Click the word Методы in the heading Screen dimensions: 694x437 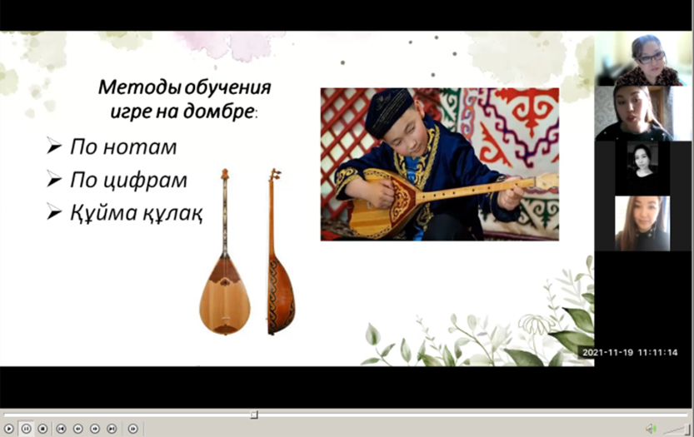[139, 87]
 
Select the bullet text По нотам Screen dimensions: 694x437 [123, 146]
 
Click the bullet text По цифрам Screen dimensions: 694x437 [128, 180]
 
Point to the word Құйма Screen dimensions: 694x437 [104, 213]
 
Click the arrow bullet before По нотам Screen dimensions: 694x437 [54, 146]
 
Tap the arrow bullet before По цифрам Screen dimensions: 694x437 [54, 179]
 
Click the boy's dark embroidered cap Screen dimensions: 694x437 [387, 111]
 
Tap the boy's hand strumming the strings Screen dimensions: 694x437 [378, 194]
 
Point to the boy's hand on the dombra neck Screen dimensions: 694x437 [511, 195]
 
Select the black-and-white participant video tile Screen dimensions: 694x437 [642, 168]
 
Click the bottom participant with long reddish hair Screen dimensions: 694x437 [642, 224]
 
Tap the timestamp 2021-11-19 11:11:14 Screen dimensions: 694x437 [630, 353]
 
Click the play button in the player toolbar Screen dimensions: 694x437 [9, 429]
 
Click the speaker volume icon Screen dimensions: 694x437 [651, 428]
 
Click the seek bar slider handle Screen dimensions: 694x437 [254, 415]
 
